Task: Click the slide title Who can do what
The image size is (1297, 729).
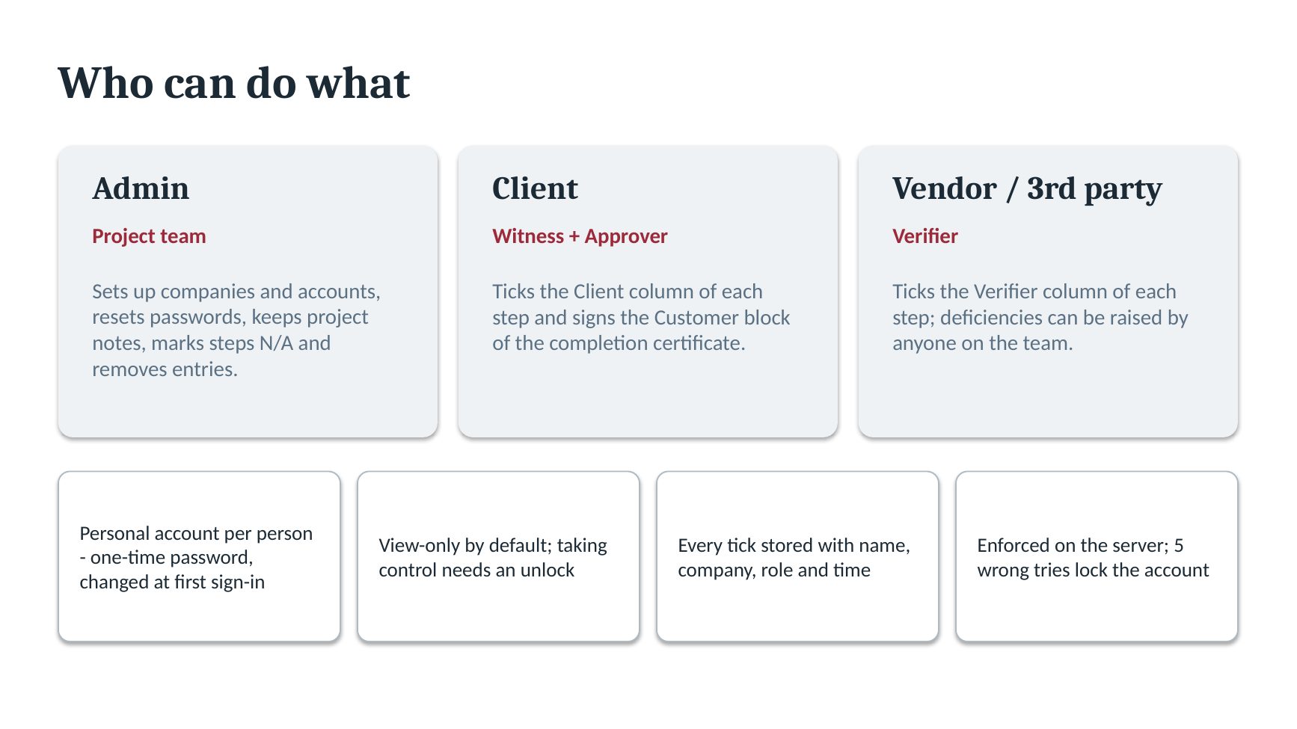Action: point(234,82)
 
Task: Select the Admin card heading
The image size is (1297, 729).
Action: point(141,188)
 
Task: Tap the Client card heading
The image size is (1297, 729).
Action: point(535,188)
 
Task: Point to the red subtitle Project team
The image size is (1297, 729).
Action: point(149,236)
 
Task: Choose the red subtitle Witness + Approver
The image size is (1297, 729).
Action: point(580,236)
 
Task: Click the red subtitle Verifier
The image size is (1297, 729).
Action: point(925,236)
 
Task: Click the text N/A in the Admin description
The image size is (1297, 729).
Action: point(276,343)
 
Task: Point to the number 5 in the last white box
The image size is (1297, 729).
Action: point(1179,546)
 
